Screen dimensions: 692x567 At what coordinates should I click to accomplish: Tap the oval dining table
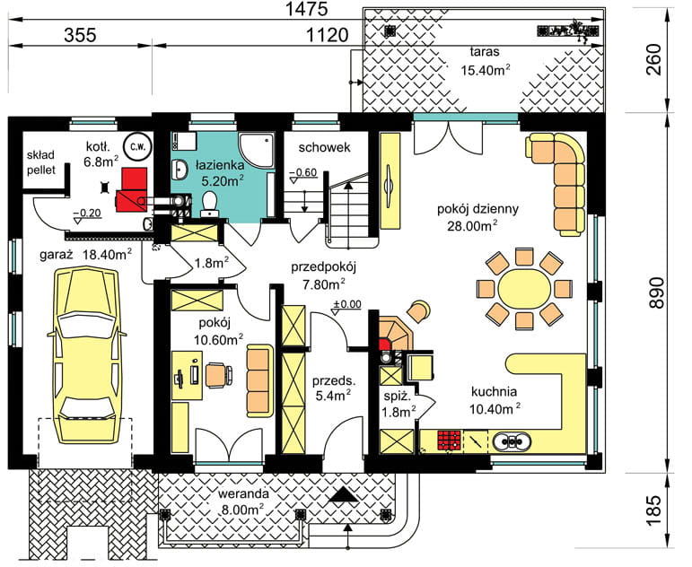524,290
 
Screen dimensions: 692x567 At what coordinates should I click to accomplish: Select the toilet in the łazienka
208,204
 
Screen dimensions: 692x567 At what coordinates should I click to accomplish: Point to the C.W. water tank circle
136,146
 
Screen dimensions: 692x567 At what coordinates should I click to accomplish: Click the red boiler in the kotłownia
132,189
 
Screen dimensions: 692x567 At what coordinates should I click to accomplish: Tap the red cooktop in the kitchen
450,441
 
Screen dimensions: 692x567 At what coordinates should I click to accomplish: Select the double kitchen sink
512,441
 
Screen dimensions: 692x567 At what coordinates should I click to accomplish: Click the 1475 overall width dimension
307,9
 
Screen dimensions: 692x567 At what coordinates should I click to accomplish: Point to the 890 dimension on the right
657,292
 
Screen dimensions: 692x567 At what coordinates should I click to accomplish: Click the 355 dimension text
80,35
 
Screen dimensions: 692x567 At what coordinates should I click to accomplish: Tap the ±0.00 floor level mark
346,304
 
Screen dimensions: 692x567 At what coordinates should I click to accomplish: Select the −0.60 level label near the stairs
303,172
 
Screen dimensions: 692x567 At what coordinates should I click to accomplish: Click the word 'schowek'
324,147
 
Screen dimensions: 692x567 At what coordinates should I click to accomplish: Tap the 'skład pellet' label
41,162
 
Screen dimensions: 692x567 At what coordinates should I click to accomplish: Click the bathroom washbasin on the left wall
180,170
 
